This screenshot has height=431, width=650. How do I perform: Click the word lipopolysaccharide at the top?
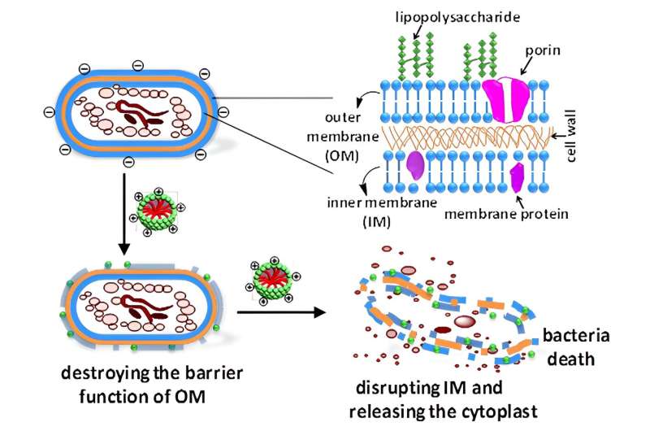tap(435, 15)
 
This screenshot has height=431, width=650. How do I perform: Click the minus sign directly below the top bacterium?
tap(127, 163)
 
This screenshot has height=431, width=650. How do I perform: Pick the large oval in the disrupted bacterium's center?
tap(464, 322)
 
